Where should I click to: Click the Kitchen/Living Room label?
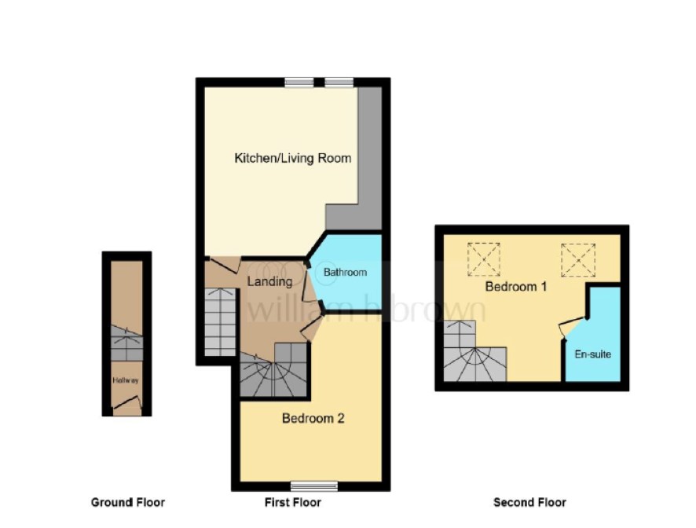tap(292, 158)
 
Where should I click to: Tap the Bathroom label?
tap(345, 272)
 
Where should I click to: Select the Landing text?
tap(269, 281)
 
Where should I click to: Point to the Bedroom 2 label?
tap(313, 418)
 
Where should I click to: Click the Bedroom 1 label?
tap(516, 287)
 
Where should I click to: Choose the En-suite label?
tap(592, 354)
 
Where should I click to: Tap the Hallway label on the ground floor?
tap(126, 380)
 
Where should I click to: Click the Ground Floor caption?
tap(128, 502)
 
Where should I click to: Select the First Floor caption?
tap(293, 502)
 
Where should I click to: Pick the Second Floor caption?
tap(529, 502)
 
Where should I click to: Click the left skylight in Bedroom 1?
tap(483, 259)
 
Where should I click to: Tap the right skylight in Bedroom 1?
tap(577, 260)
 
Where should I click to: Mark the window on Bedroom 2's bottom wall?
tap(314, 486)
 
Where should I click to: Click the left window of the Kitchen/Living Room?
tap(299, 82)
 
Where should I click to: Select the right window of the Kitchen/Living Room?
tap(339, 82)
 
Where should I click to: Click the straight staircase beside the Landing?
tap(220, 321)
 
